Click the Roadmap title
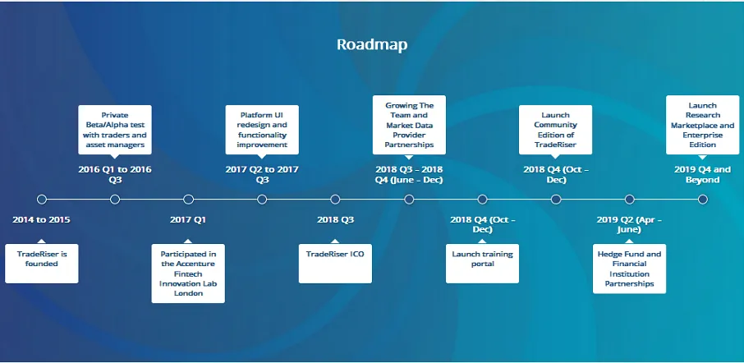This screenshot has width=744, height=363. [x=372, y=44]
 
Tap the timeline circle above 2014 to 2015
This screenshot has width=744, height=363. [x=42, y=200]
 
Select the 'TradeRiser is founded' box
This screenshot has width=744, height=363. [x=42, y=264]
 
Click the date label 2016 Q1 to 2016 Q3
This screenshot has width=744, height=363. [x=115, y=174]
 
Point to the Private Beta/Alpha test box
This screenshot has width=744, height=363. [x=115, y=130]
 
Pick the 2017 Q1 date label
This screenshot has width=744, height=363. [x=188, y=220]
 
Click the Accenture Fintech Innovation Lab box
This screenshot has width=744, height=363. [x=188, y=273]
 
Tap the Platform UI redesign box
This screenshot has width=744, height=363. [x=262, y=130]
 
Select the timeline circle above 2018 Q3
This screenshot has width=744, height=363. [x=336, y=200]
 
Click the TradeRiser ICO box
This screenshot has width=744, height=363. [x=336, y=264]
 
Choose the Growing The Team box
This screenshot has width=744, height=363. [x=409, y=125]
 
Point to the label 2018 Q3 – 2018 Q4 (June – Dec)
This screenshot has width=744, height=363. [x=409, y=174]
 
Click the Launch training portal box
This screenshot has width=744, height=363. [x=483, y=264]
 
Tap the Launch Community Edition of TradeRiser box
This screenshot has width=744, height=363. [x=556, y=130]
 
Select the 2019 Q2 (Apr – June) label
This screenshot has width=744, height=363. [x=629, y=224]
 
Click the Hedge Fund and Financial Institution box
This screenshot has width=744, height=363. [x=629, y=269]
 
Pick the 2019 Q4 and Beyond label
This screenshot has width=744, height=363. [x=703, y=174]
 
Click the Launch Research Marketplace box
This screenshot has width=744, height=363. [x=703, y=125]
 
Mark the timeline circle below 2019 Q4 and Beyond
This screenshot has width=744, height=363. [x=703, y=200]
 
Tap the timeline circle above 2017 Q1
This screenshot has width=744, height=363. [x=188, y=200]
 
